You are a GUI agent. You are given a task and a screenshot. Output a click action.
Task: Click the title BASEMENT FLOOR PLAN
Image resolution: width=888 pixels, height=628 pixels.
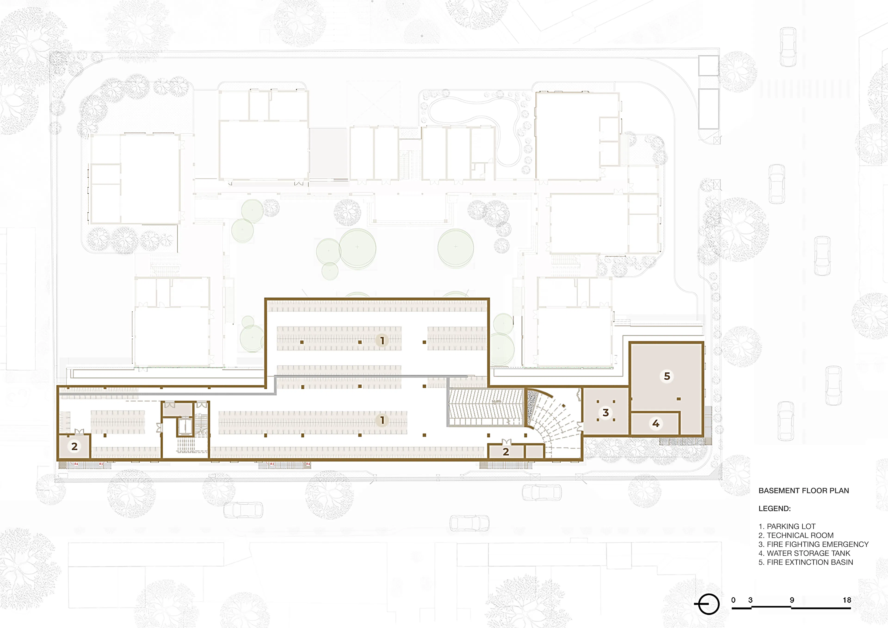coord(804,491)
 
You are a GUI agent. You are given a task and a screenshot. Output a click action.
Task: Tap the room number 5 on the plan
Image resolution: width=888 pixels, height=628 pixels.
coord(667,376)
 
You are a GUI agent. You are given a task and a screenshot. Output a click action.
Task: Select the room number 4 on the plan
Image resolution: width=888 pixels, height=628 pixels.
coord(656,423)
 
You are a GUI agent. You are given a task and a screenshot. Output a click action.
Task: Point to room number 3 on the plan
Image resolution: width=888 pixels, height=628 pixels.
coord(606,413)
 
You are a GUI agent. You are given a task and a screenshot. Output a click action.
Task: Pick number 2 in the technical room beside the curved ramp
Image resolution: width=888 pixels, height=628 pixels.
coord(506,452)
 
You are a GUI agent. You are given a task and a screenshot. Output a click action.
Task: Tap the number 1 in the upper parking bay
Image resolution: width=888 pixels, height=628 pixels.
coord(382,340)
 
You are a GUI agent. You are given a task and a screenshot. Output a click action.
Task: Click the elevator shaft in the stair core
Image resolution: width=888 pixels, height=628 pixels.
coord(185,427)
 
